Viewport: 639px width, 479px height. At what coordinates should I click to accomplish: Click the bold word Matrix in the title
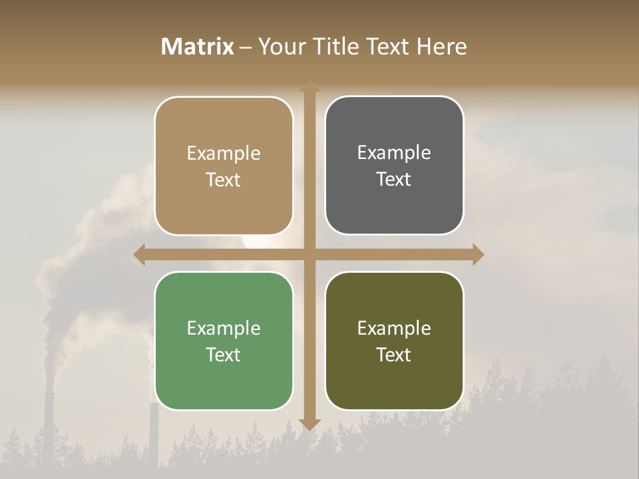pos(198,47)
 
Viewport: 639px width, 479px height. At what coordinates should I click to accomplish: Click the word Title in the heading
pos(337,47)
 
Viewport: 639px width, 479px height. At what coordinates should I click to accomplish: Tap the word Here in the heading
pos(442,47)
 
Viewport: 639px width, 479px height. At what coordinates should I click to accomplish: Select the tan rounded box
pos(224,166)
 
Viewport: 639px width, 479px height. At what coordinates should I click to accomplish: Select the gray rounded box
pos(394,166)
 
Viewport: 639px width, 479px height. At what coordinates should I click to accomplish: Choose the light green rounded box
pos(224,341)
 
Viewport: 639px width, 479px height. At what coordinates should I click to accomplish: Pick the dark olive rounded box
pos(394,341)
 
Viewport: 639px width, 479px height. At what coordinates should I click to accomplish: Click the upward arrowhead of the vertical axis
pos(310,86)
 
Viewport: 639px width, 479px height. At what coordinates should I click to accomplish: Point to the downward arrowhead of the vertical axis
pos(310,424)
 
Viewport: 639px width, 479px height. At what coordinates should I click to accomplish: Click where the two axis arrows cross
pos(310,254)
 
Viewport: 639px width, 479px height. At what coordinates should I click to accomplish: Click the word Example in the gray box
pos(394,153)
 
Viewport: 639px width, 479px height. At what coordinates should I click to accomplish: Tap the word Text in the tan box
pos(224,180)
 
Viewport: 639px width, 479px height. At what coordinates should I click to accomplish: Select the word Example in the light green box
pos(224,328)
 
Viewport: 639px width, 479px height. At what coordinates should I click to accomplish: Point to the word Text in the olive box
pos(394,355)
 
